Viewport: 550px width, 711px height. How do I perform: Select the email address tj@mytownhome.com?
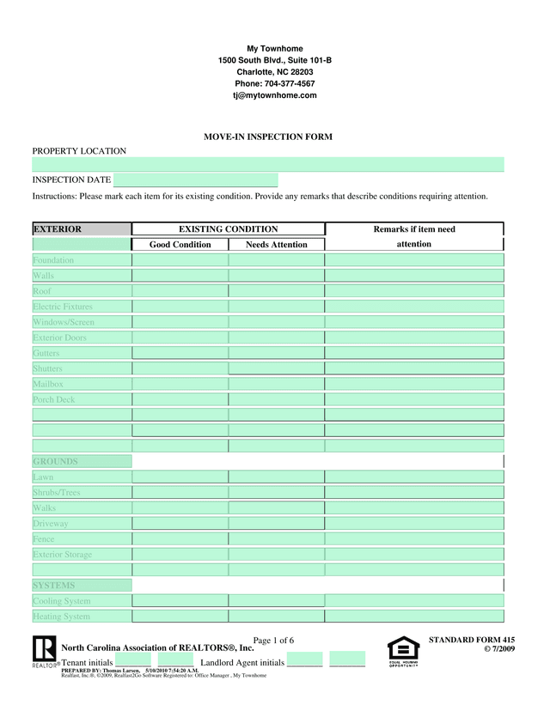click(x=274, y=95)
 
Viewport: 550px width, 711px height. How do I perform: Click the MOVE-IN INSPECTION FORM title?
click(x=267, y=137)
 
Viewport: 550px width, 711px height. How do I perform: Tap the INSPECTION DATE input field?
click(x=195, y=180)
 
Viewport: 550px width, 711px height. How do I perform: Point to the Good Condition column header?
click(x=180, y=245)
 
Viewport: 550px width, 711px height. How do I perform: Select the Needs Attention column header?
click(x=276, y=245)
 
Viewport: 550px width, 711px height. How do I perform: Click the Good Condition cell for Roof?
click(x=180, y=291)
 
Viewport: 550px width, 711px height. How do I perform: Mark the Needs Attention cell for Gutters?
click(x=276, y=353)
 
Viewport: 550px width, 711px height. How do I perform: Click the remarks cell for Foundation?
click(x=413, y=260)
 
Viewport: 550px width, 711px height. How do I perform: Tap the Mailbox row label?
click(x=48, y=385)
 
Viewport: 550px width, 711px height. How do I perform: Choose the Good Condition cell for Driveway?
click(x=180, y=524)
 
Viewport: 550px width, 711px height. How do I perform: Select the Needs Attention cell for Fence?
click(x=276, y=539)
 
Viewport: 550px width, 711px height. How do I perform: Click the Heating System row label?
click(x=61, y=617)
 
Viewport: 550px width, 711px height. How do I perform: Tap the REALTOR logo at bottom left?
click(x=44, y=650)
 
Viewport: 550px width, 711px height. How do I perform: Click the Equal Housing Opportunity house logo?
click(x=403, y=651)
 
